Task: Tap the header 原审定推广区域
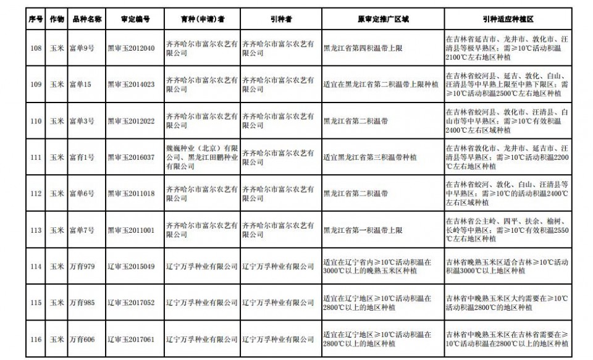382,20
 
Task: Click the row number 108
35,48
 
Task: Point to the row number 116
35,339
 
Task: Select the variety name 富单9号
82,48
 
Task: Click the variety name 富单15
80,85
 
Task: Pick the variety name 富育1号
82,157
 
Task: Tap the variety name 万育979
82,267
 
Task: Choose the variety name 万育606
82,339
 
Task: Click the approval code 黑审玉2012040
131,48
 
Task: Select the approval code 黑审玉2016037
131,157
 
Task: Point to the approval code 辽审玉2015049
131,267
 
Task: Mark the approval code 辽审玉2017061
131,339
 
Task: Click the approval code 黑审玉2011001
131,230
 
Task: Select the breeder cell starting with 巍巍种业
201,157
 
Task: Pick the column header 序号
35,20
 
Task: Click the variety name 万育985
82,303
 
